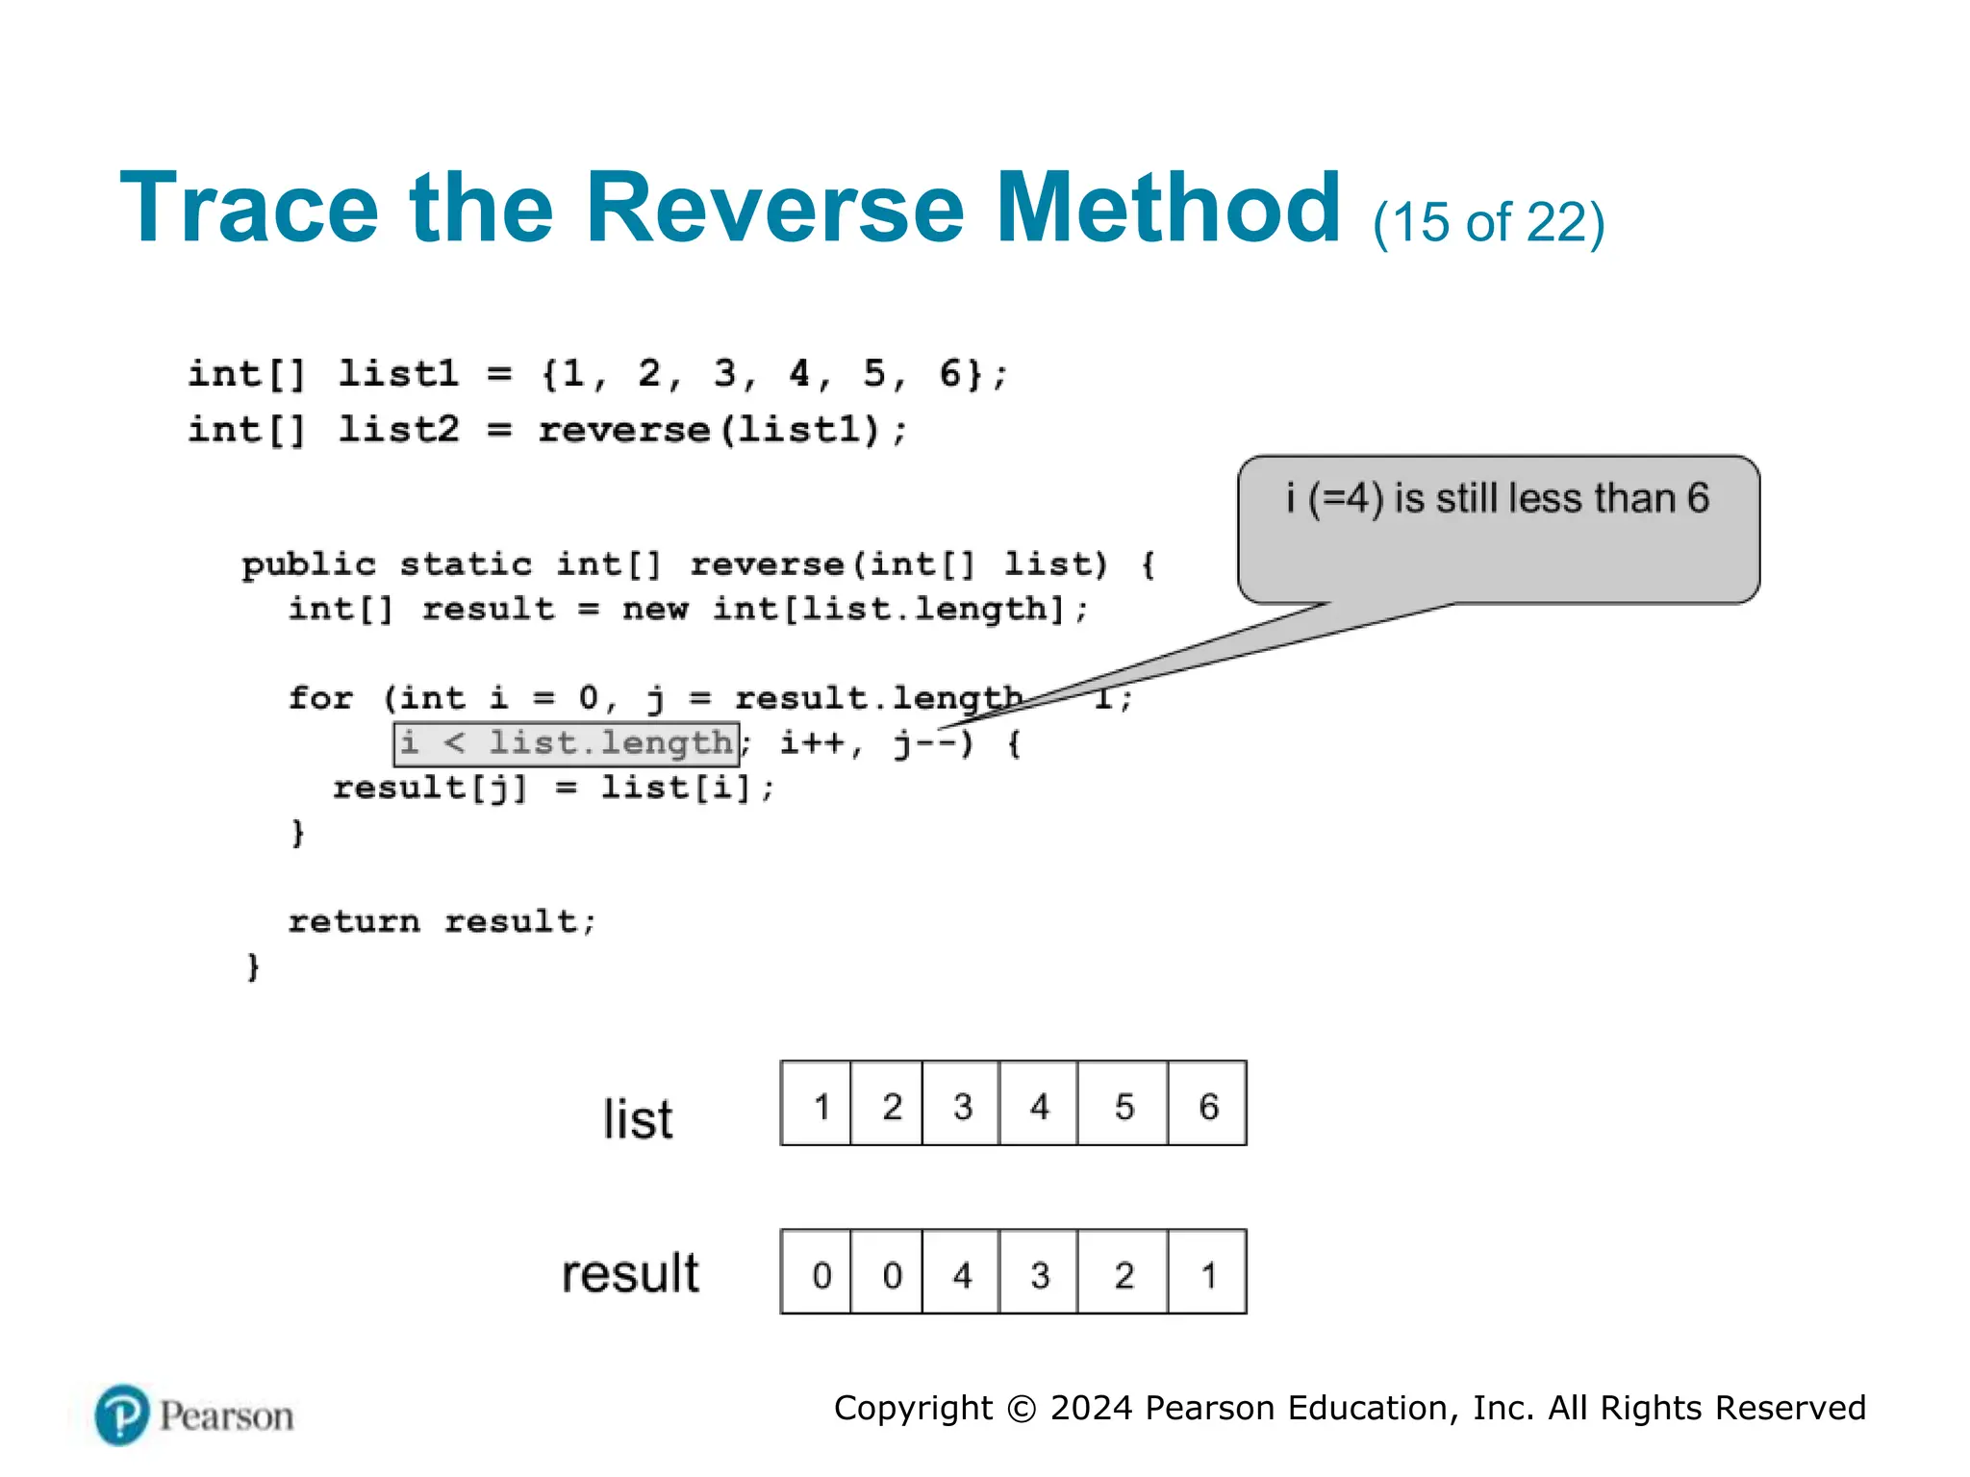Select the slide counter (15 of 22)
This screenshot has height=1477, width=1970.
(x=1488, y=223)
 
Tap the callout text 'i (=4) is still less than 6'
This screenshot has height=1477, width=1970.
(x=1497, y=499)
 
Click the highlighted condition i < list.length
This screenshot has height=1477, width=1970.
(x=567, y=743)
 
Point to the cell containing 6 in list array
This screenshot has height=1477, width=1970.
(x=1208, y=1105)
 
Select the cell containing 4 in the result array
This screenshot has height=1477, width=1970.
(x=961, y=1273)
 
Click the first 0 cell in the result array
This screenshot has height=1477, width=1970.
(x=821, y=1273)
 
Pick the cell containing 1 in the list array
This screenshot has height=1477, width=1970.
(x=821, y=1105)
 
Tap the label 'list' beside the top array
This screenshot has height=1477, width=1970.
(x=638, y=1119)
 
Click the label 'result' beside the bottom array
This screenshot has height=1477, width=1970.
(x=630, y=1273)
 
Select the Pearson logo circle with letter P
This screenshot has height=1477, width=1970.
(x=122, y=1414)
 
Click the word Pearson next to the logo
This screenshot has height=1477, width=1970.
(x=226, y=1415)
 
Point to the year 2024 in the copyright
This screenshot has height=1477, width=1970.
(x=1091, y=1408)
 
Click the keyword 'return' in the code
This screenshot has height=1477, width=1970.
(x=354, y=921)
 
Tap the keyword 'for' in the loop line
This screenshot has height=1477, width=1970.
(x=321, y=697)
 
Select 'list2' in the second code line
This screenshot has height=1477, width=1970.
(x=398, y=429)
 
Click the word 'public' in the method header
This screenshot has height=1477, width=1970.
(x=308, y=564)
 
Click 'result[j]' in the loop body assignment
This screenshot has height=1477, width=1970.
(x=430, y=788)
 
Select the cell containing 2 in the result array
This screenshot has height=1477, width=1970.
(x=1124, y=1273)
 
